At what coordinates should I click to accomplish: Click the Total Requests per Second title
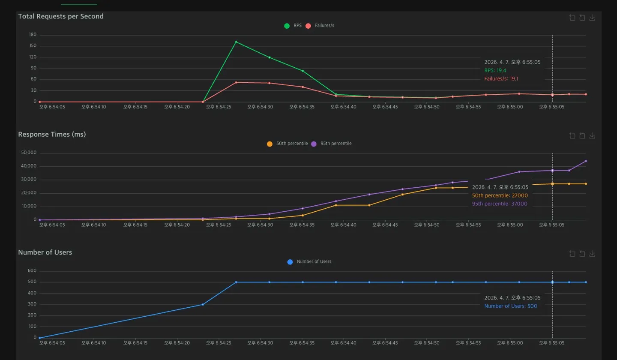[61, 16]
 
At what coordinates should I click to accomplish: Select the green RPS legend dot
[287, 26]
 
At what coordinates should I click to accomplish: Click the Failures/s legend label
[324, 25]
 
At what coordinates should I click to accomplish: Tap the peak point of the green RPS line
[236, 42]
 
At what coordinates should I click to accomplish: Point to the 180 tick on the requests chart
[33, 34]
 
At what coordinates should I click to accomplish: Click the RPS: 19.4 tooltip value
[495, 70]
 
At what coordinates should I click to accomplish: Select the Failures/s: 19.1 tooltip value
[501, 78]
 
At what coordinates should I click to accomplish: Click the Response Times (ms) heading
[52, 134]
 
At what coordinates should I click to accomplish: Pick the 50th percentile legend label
[292, 143]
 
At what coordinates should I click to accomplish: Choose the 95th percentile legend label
[336, 143]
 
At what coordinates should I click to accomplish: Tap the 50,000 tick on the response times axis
[29, 153]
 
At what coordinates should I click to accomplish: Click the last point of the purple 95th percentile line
[586, 161]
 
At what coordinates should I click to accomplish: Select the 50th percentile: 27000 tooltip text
[500, 195]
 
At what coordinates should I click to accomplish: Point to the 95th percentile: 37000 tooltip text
[500, 204]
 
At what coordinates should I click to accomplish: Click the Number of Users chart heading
[45, 252]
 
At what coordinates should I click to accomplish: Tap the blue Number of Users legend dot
[290, 262]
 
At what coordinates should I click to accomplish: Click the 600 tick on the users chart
[32, 270]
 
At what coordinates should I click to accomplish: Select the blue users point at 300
[203, 304]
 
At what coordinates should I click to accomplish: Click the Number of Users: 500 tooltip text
[511, 306]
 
